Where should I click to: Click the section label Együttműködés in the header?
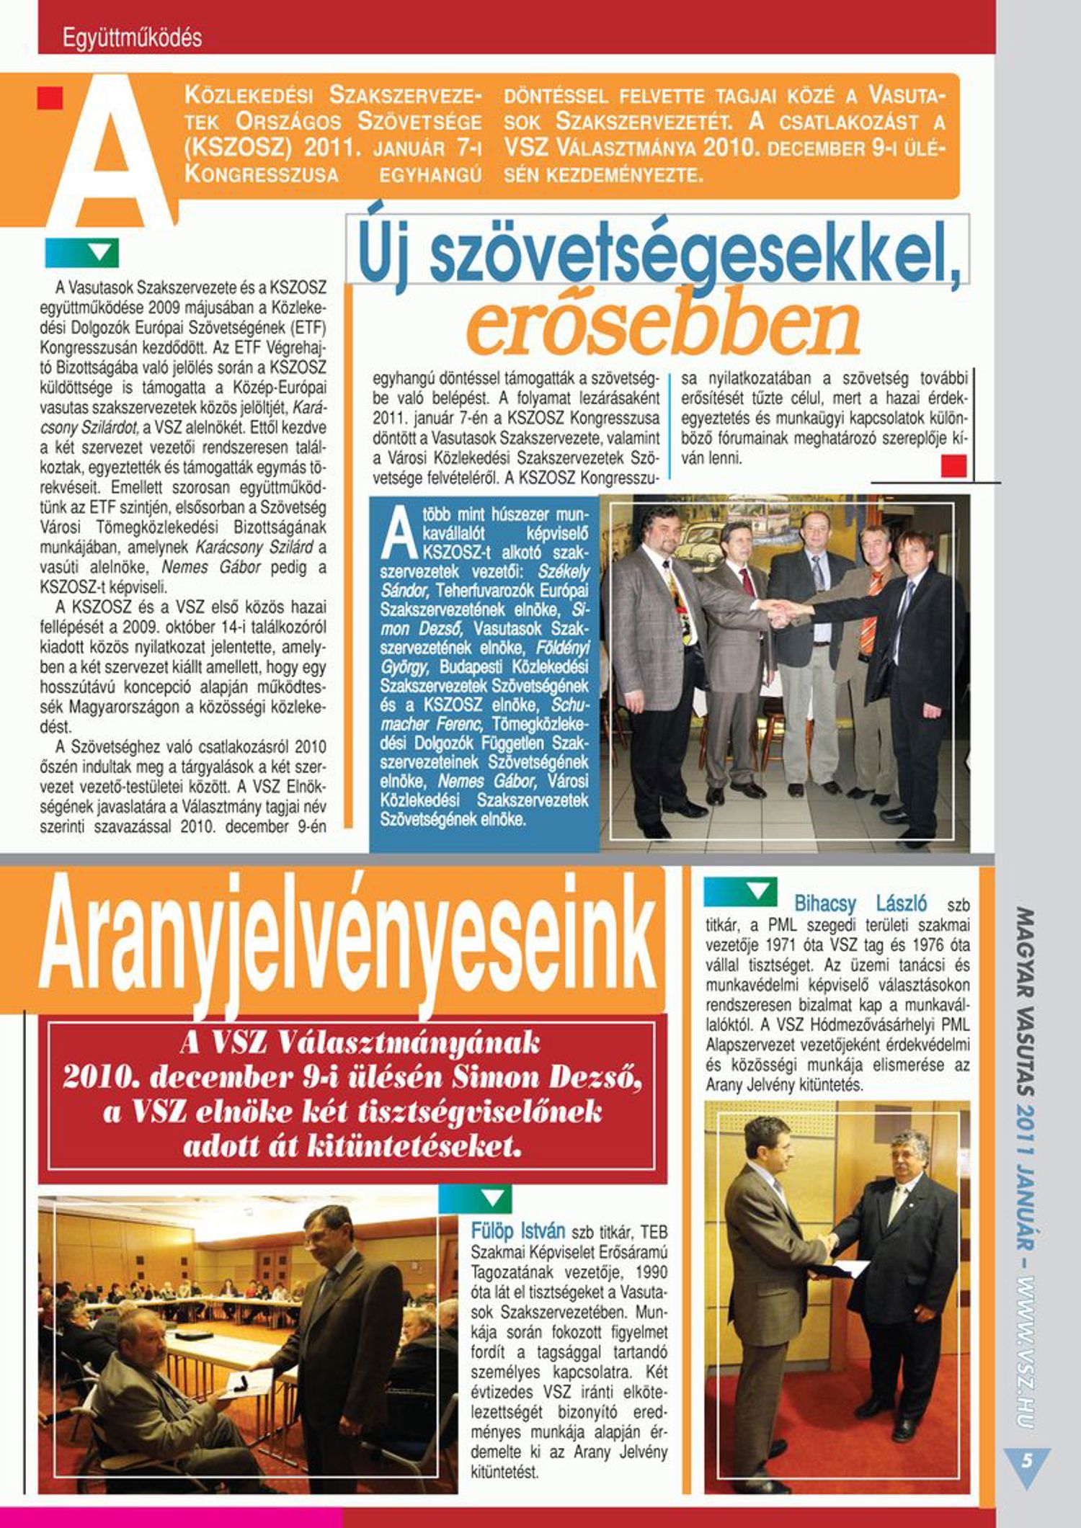[132, 37]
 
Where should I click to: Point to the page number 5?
[1027, 1461]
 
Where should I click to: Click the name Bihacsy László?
[860, 903]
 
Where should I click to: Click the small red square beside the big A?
[50, 98]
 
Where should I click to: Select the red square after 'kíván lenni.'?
[953, 466]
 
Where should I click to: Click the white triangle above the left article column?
[102, 253]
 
